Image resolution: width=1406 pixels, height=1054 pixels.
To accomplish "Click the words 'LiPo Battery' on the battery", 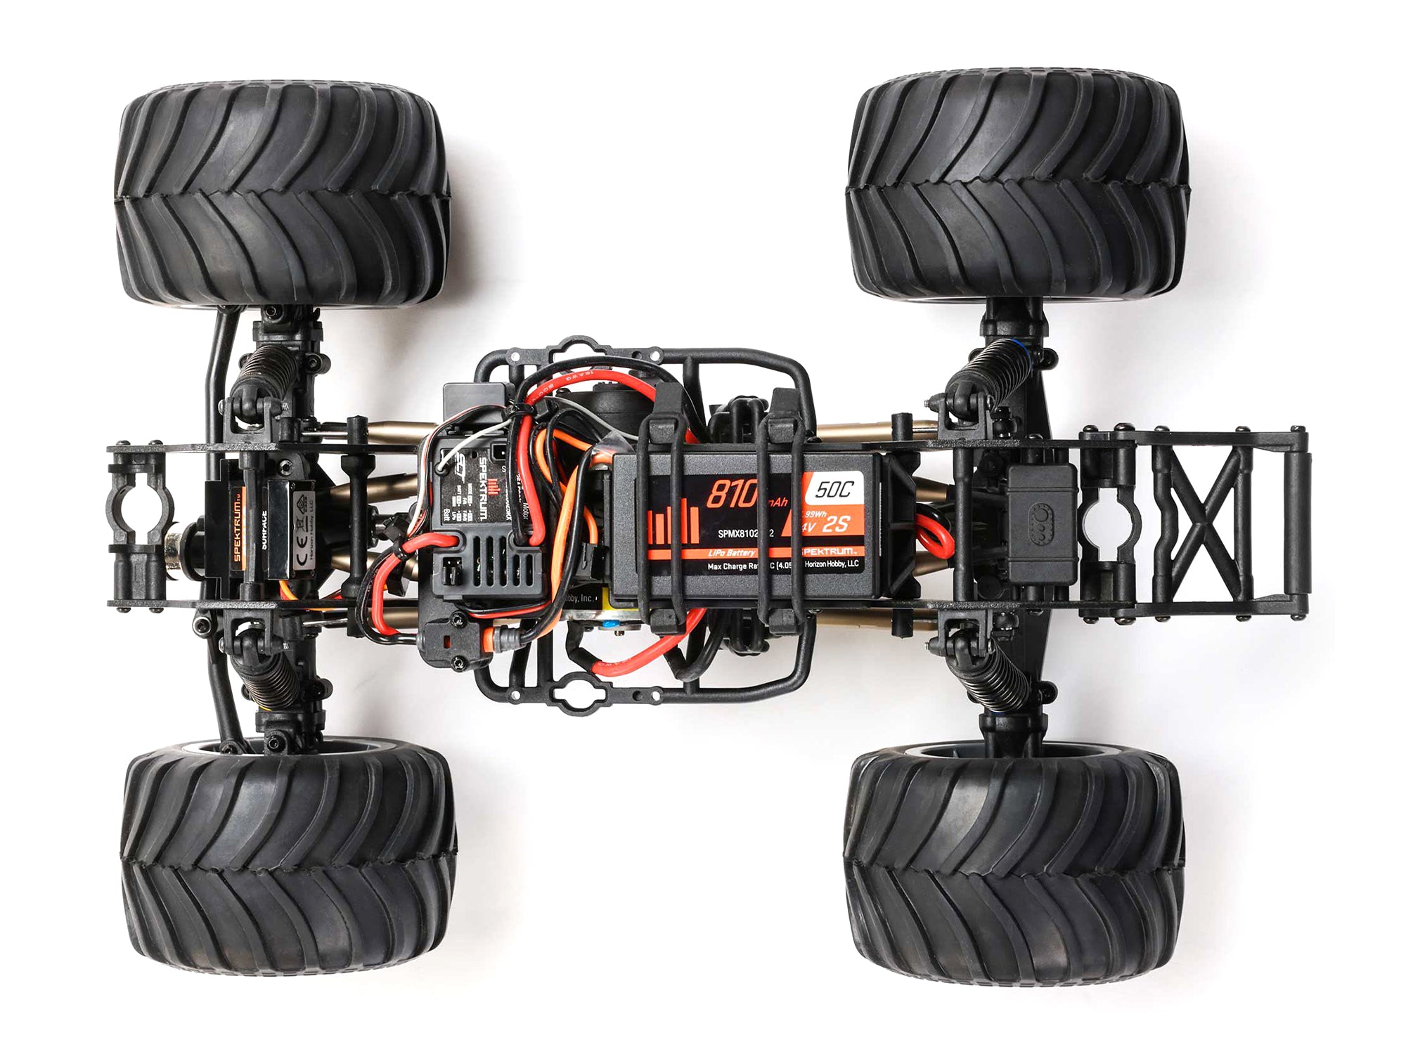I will click(x=731, y=553).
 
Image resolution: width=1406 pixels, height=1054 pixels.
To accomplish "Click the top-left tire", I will click(x=281, y=193).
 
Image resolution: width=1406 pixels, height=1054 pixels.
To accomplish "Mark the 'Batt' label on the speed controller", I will click(x=447, y=517).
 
